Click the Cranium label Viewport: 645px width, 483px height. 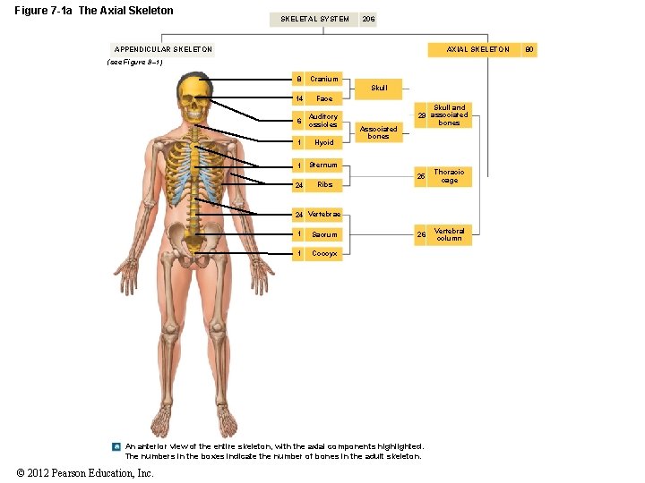pos(323,79)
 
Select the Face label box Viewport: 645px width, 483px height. pos(324,98)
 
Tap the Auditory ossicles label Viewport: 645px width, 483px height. pos(323,120)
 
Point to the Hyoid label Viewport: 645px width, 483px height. pos(323,142)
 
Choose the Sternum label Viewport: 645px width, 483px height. pos(323,165)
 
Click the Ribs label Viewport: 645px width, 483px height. pos(324,184)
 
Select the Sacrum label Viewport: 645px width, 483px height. pos(324,234)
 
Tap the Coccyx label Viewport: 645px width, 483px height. pos(324,253)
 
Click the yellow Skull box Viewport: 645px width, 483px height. pos(379,88)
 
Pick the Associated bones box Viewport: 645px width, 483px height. pos(379,132)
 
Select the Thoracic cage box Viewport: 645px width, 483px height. pos(449,176)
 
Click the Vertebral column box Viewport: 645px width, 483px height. pos(449,234)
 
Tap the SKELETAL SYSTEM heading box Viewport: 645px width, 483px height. pos(314,19)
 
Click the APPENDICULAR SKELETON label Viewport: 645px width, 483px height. pos(164,49)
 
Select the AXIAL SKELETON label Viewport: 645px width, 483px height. pos(478,49)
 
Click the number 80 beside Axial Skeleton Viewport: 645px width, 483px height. pos(529,49)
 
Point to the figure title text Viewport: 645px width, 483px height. pos(94,11)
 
